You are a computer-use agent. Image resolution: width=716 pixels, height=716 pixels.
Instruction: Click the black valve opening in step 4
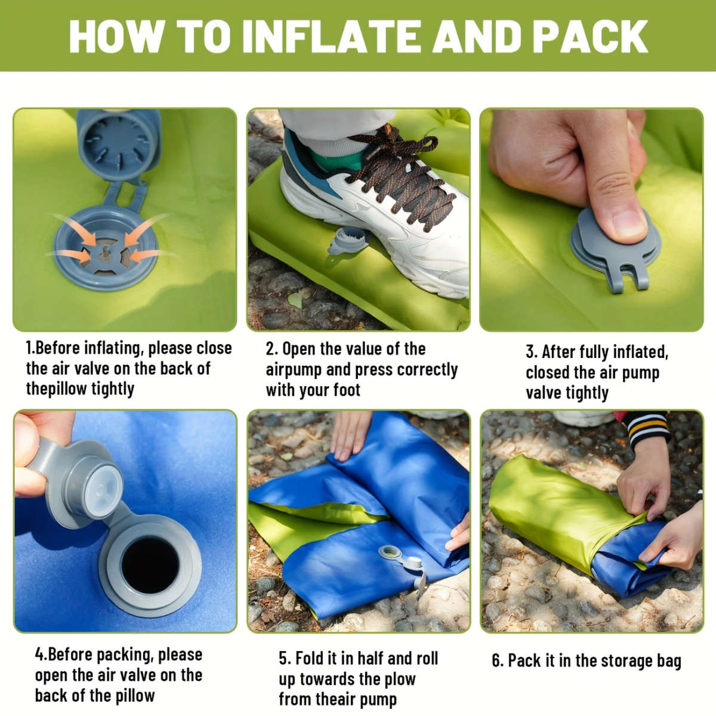[x=150, y=562]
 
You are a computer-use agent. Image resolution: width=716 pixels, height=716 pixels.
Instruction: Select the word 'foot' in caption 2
[x=346, y=390]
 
